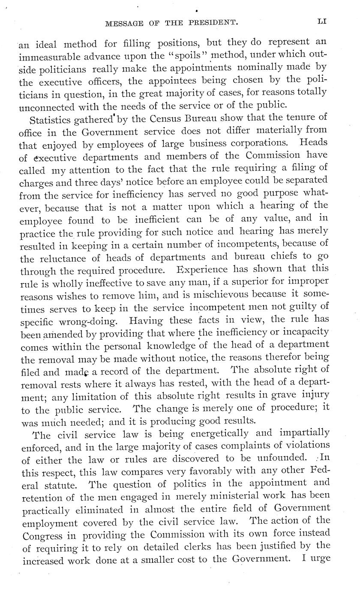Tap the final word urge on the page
(x=319, y=559)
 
